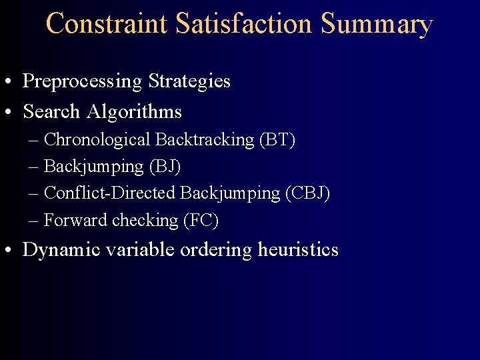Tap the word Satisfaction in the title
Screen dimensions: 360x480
tap(245, 24)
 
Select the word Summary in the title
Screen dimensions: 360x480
tap(377, 24)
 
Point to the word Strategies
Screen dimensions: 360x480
tap(189, 82)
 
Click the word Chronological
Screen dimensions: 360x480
tap(97, 140)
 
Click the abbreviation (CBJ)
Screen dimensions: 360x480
tap(307, 193)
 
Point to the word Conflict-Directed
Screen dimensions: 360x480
tap(109, 193)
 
